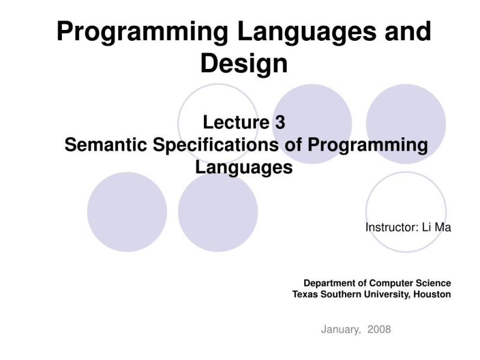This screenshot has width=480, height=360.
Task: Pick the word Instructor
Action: coord(389,227)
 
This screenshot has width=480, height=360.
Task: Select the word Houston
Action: coord(432,294)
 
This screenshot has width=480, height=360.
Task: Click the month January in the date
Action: coord(341,329)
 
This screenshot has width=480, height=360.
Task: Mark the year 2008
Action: coord(379,329)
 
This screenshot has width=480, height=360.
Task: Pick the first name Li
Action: coord(428,227)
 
